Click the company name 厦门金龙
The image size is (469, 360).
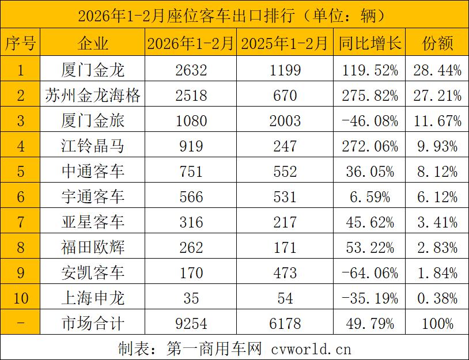pos(93,70)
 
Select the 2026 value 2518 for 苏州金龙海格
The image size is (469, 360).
pos(191,96)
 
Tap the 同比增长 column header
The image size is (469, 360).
pos(369,43)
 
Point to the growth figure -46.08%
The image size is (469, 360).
pos(369,121)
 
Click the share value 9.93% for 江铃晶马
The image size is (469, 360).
pos(437,146)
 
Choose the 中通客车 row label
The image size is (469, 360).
pos(93,172)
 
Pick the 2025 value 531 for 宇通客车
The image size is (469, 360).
pos(285,197)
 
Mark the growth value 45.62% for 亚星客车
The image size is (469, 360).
pos(369,222)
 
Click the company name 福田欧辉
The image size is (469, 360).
pos(93,248)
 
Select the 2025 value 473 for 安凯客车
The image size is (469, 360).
pos(285,273)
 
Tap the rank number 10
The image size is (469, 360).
pos(21,298)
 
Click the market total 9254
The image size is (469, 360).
pos(191,323)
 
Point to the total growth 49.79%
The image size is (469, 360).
pos(369,323)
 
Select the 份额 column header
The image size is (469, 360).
pos(437,43)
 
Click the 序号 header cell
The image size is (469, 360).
pos(21,43)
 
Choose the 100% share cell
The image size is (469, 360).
pos(437,323)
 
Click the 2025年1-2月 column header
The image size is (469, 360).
pos(285,43)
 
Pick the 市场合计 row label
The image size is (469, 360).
pos(93,323)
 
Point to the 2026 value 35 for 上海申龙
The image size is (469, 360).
pos(191,298)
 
